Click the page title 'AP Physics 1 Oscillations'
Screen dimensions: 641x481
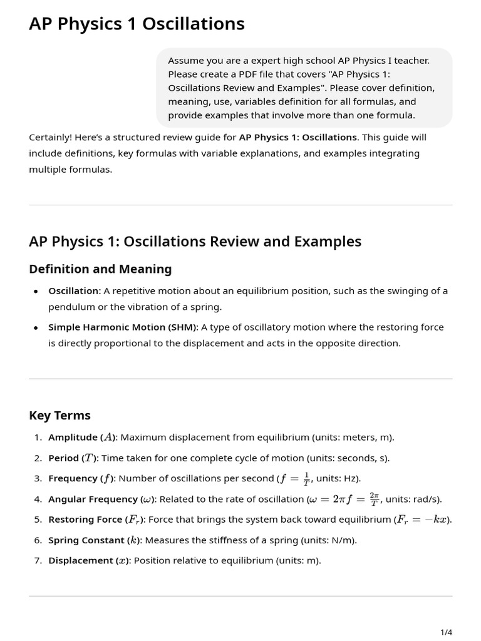pyautogui.click(x=137, y=24)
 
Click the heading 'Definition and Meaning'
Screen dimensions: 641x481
pyautogui.click(x=100, y=269)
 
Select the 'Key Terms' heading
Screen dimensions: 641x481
pyautogui.click(x=59, y=416)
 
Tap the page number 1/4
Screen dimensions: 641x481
pyautogui.click(x=446, y=632)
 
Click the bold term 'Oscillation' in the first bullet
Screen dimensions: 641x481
pyautogui.click(x=73, y=291)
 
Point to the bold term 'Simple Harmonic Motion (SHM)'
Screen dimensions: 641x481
pyautogui.click(x=122, y=327)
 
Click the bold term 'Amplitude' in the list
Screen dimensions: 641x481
pyautogui.click(x=73, y=438)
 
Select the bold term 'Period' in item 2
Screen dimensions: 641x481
pyautogui.click(x=63, y=458)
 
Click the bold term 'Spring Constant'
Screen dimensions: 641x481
pyautogui.click(x=86, y=540)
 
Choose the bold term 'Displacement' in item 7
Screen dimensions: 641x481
pyautogui.click(x=81, y=561)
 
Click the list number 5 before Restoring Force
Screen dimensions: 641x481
pyautogui.click(x=38, y=520)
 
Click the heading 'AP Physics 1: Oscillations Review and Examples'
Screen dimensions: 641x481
pyautogui.click(x=195, y=242)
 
